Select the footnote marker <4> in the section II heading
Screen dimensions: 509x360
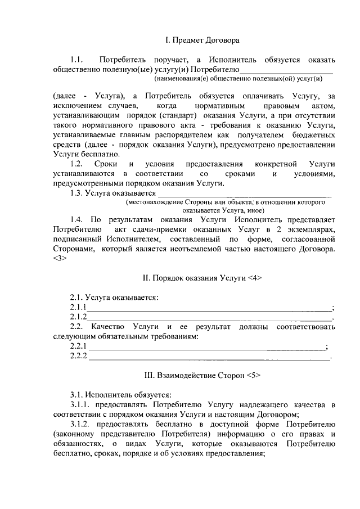(254, 278)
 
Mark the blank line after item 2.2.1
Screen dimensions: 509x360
(206, 346)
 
